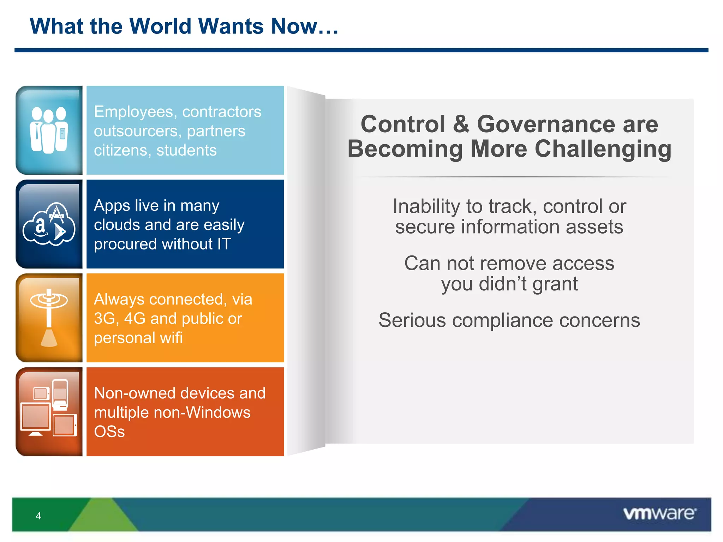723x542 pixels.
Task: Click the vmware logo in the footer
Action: (659, 513)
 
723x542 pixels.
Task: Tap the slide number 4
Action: (38, 516)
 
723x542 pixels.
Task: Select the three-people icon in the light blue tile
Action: (49, 130)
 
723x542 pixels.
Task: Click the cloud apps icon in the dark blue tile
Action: (49, 224)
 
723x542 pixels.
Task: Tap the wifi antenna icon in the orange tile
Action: (49, 318)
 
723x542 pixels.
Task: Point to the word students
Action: (186, 151)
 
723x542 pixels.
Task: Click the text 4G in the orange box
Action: (135, 319)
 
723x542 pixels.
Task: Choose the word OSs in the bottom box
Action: (109, 432)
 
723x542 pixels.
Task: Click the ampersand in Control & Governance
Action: (461, 124)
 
